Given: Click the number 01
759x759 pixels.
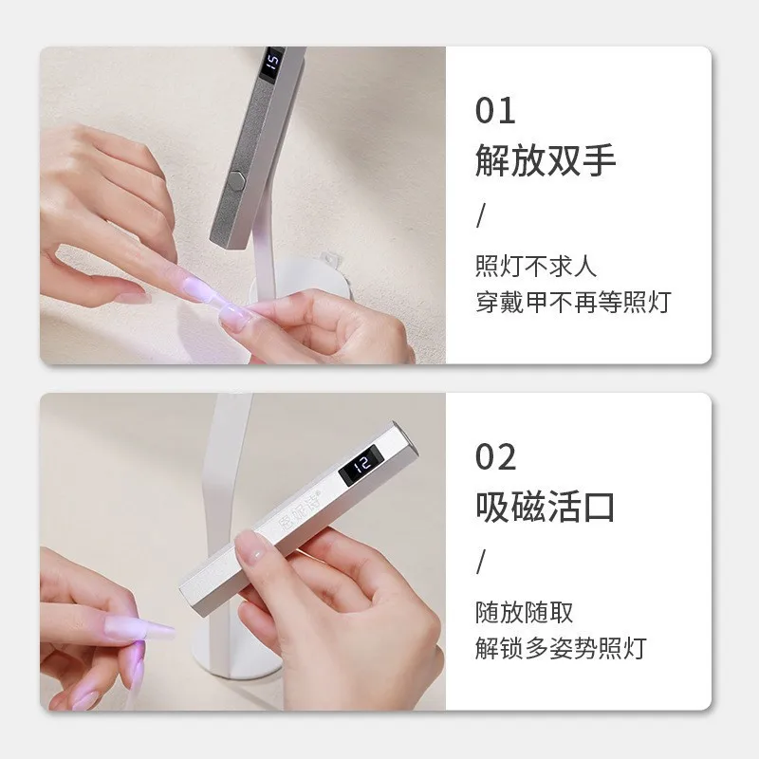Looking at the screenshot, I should coord(495,110).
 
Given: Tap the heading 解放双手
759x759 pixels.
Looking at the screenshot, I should coord(546,160).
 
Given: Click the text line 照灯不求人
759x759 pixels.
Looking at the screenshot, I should coord(536,265).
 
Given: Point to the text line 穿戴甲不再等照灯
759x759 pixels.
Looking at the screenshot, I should coord(572,302).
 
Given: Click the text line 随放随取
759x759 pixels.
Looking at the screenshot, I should coord(524,612).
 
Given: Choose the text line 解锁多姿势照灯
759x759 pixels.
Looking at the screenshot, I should coord(560,649).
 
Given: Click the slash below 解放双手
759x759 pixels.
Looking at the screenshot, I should coord(481,215).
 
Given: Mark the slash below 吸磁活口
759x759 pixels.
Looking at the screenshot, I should coord(481,562).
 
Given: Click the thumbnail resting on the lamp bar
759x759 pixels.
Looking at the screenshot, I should coord(254,547).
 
